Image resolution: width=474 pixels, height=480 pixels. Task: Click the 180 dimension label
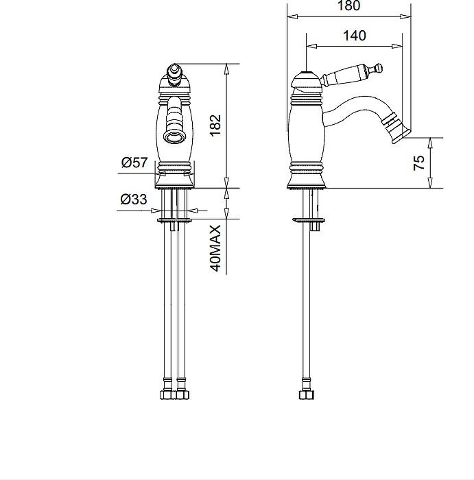[x=348, y=5]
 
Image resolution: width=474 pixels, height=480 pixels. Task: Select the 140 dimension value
[x=354, y=36]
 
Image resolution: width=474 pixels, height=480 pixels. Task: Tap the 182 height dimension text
[x=215, y=125]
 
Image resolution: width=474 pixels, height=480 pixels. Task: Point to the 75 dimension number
[x=419, y=163]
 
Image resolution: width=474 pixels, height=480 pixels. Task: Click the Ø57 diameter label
[x=134, y=163]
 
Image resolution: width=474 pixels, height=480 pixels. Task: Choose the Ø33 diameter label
[x=134, y=199]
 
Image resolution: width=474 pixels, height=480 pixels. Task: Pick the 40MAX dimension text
[x=215, y=248]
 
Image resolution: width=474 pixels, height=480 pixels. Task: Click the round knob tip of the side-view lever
[x=379, y=68]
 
